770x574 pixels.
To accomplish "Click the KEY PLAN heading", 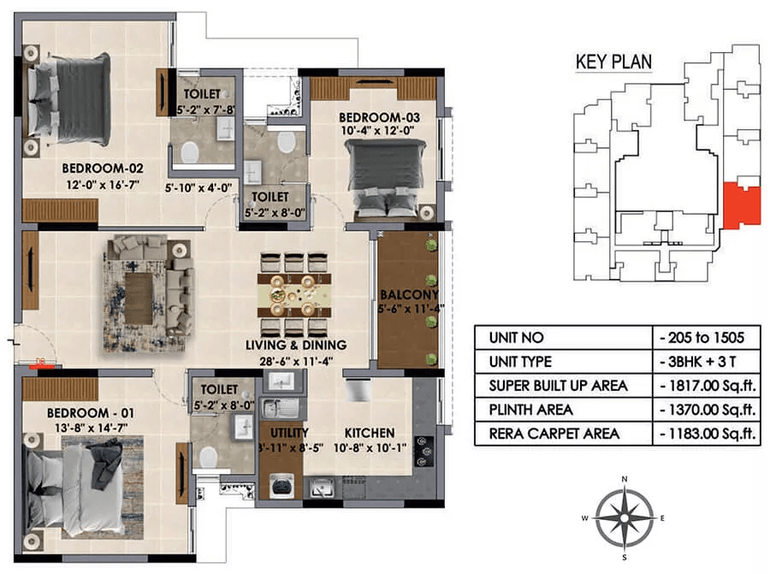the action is point(613,62).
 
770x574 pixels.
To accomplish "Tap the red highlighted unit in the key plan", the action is point(742,205).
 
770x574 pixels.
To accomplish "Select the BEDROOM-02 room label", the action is point(103,169).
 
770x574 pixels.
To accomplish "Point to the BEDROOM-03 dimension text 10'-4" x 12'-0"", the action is point(377,131).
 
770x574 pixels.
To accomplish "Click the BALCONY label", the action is point(409,294).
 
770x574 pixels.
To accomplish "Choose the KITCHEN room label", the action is point(370,433).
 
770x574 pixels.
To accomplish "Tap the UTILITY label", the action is point(289,433).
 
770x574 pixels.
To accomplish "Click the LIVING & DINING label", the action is point(296,345).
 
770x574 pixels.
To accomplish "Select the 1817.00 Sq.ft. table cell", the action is point(708,386).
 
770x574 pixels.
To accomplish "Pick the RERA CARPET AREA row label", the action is point(554,434).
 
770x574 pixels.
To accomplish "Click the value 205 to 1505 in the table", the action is point(702,337).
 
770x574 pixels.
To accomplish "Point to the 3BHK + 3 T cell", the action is point(698,361).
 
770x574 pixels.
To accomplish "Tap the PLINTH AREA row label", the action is point(530,410).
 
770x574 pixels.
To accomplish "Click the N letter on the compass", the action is point(625,479).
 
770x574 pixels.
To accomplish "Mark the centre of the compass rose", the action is point(625,518).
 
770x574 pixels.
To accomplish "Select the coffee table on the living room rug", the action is point(139,298).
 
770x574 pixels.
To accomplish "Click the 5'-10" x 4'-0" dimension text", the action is point(198,188).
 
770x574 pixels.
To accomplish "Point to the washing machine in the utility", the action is point(281,486).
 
